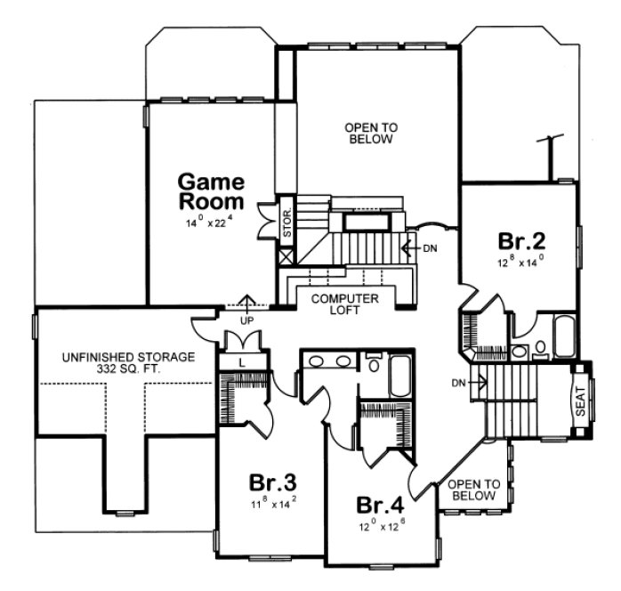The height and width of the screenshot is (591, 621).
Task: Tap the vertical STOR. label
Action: click(287, 223)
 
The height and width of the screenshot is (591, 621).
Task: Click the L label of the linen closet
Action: click(242, 363)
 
